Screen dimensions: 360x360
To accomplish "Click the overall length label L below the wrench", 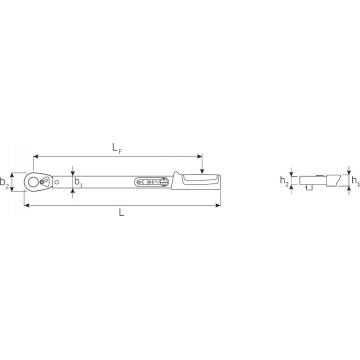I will click(121, 212).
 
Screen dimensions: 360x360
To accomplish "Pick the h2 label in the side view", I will click(283, 180).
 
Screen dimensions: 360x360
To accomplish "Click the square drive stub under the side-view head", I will click(306, 187).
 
